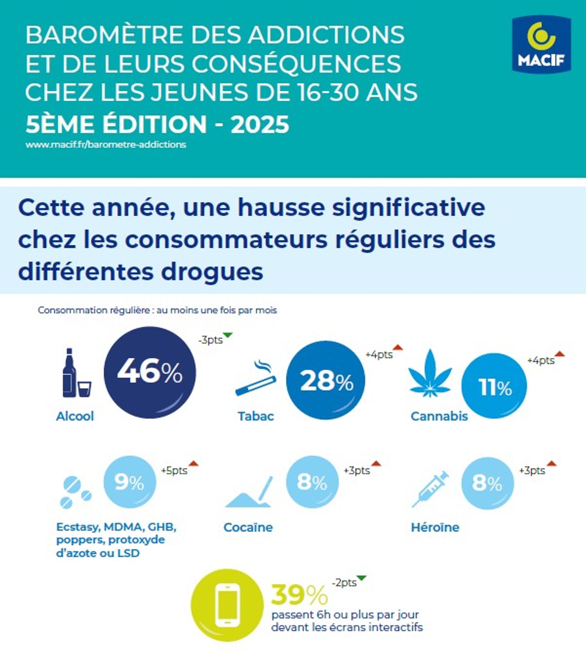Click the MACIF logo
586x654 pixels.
pyautogui.click(x=541, y=45)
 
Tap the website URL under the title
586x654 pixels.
pyautogui.click(x=106, y=145)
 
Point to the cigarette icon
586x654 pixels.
pyautogui.click(x=256, y=379)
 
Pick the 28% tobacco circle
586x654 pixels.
pyautogui.click(x=326, y=380)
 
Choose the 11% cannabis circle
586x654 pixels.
pyautogui.click(x=494, y=386)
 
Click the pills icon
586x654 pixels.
pyautogui.click(x=76, y=492)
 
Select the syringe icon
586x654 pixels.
pyautogui.click(x=430, y=489)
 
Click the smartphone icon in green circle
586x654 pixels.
pyautogui.click(x=227, y=605)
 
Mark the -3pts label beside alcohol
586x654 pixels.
pyautogui.click(x=211, y=340)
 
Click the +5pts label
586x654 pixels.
pyautogui.click(x=174, y=471)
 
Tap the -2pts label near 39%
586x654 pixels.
pyautogui.click(x=344, y=583)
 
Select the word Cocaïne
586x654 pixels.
pyautogui.click(x=248, y=527)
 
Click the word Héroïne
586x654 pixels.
pyautogui.click(x=435, y=527)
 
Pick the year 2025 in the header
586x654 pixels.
pyautogui.click(x=260, y=124)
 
